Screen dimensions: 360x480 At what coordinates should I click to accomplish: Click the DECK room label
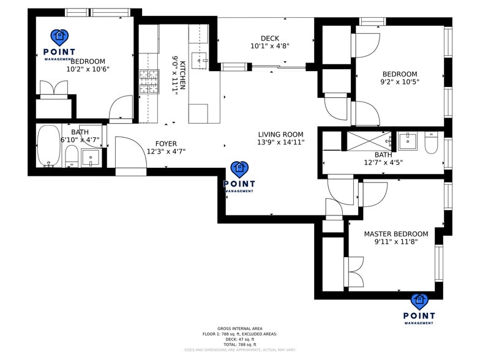269,38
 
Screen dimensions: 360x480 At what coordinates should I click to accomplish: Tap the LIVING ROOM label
280,135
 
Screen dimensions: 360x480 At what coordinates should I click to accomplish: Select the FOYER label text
165,144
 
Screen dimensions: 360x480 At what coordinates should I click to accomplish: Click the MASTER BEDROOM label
396,234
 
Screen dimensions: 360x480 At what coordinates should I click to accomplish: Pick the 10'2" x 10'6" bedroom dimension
88,69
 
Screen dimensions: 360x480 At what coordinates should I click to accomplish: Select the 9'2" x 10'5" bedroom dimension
399,82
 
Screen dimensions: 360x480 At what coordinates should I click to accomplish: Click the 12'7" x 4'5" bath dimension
383,163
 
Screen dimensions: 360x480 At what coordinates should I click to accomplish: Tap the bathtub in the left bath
48,146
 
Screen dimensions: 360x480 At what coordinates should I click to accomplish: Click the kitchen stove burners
149,81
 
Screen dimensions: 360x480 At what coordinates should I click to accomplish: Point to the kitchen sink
200,59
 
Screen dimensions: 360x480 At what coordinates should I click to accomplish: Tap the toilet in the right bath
431,143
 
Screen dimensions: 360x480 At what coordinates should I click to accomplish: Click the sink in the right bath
407,141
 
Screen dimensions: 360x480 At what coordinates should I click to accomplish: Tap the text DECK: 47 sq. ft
239,339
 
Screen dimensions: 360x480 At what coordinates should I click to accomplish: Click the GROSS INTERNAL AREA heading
239,329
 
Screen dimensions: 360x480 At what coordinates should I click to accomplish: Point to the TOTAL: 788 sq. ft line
239,345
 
